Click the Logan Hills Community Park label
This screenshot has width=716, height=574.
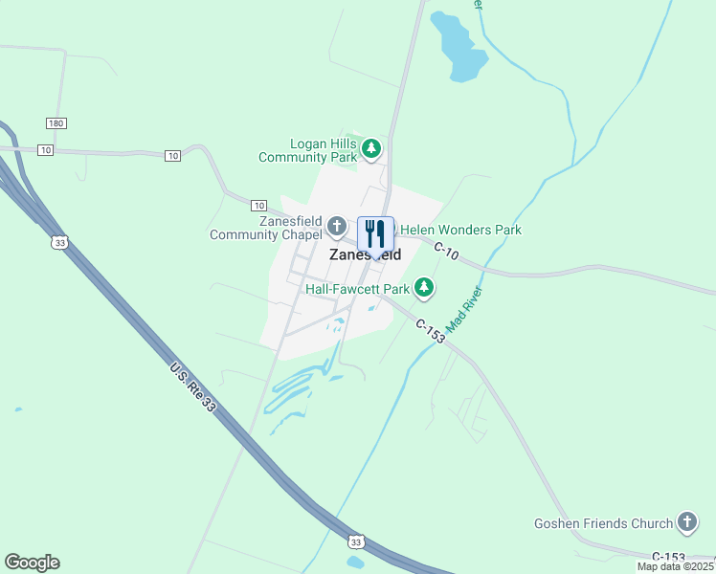click(307, 150)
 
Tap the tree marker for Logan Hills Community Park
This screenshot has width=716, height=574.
click(371, 149)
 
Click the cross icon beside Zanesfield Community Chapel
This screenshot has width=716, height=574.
click(336, 227)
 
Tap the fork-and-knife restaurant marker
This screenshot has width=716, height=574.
click(375, 232)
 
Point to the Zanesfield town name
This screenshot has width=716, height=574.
click(365, 255)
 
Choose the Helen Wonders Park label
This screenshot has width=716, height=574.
click(460, 230)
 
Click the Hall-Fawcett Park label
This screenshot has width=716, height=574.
click(357, 288)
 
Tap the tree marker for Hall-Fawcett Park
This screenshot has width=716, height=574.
click(424, 287)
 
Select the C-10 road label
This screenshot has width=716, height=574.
click(447, 253)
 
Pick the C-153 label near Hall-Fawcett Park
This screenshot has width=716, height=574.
click(431, 326)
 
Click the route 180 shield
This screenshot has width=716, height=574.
click(56, 123)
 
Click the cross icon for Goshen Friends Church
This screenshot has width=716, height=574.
click(686, 522)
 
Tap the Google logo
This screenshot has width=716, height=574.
click(32, 563)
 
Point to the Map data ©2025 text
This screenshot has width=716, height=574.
click(676, 566)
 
